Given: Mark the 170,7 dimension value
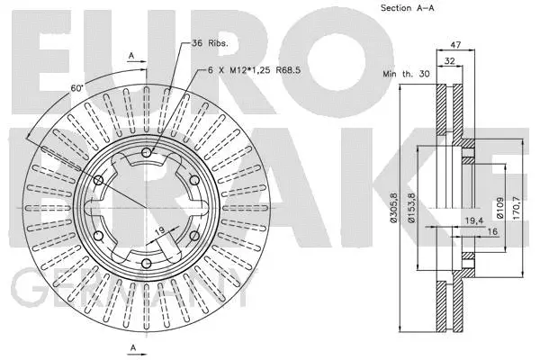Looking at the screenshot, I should pyautogui.click(x=516, y=211).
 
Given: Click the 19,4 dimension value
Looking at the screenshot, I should pyautogui.click(x=472, y=219).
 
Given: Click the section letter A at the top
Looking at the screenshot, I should pyautogui.click(x=132, y=55).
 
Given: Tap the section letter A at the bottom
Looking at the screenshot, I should pyautogui.click(x=132, y=346).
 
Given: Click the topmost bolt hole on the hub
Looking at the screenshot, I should pyautogui.click(x=145, y=153).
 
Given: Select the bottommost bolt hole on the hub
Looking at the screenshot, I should pyautogui.click(x=145, y=263).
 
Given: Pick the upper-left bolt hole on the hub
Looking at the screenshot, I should pyautogui.click(x=97, y=180).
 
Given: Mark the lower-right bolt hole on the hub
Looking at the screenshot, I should pyautogui.click(x=193, y=235).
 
